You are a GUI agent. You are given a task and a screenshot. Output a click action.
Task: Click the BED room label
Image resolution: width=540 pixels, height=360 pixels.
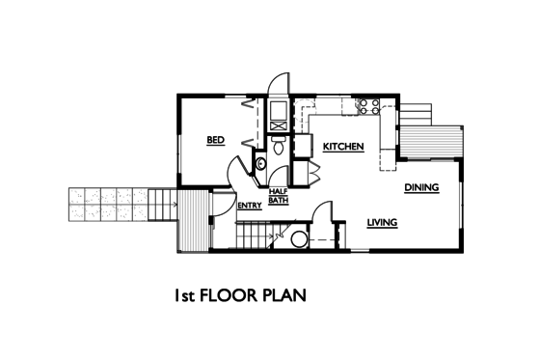coord(216,141)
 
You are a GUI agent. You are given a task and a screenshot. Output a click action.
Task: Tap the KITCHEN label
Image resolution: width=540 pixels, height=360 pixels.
coord(342,147)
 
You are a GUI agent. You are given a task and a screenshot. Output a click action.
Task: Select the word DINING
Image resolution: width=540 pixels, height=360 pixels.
coord(421,187)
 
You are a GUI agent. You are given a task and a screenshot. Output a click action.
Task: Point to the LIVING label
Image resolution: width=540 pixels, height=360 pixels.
coord(383,223)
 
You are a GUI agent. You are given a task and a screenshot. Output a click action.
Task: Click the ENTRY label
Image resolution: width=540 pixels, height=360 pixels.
coord(249,205)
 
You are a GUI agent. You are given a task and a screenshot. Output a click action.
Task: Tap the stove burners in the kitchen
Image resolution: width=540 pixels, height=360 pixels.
coord(366,104)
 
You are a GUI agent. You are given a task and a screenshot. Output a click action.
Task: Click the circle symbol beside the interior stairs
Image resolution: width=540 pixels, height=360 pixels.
coord(299,238)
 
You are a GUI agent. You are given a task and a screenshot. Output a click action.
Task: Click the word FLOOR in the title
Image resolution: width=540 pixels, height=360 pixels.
coord(229,295)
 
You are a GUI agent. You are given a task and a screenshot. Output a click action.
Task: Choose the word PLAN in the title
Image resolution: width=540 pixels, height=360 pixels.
coord(285,295)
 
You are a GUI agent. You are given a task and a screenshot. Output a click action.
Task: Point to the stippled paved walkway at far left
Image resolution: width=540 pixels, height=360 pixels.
coord(107,203)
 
